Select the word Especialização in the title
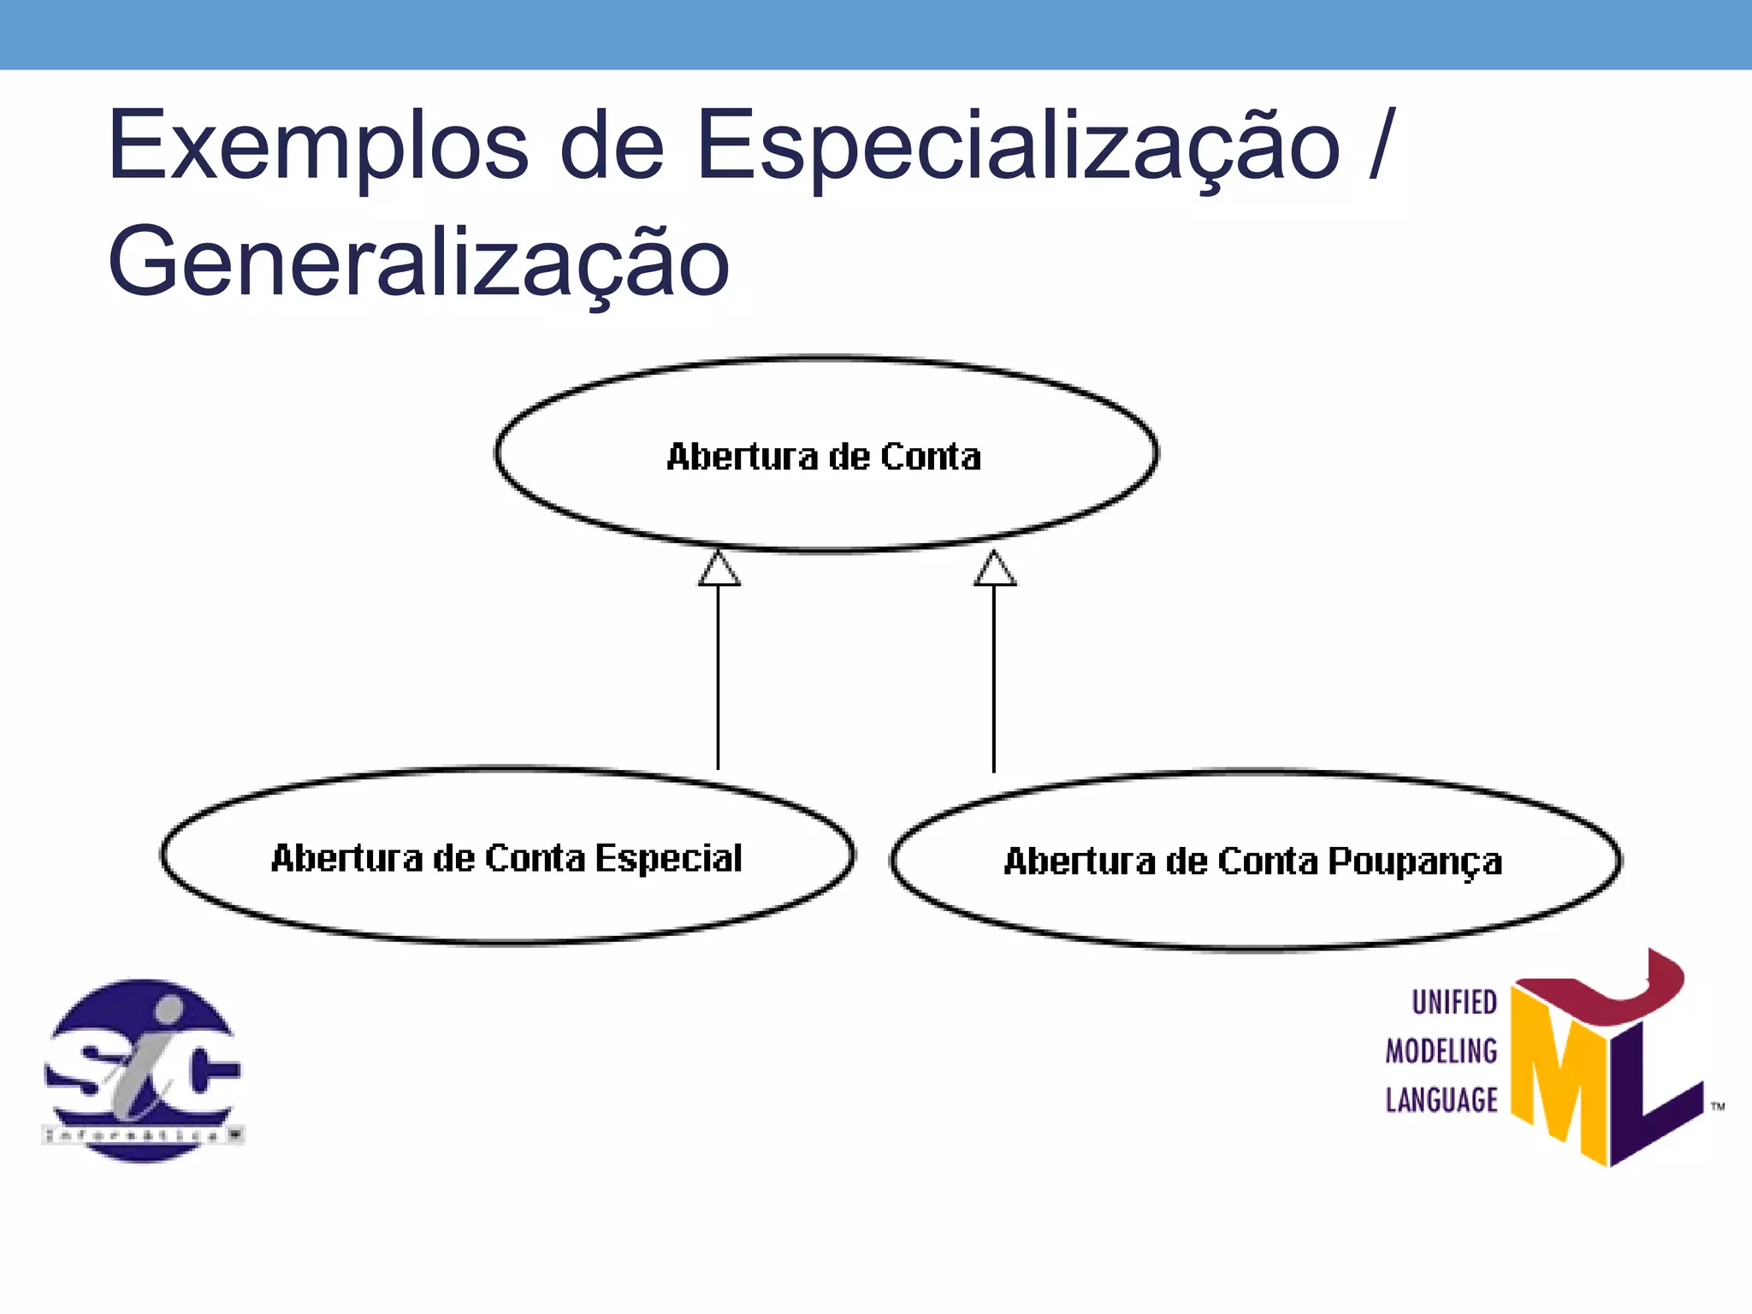pos(1018,146)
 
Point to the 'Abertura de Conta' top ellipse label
pos(824,457)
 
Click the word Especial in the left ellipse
pos(668,859)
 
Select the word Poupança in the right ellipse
pos(1415,862)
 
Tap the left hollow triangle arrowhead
pos(719,570)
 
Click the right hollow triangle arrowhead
pos(994,570)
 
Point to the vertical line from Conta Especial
pos(718,676)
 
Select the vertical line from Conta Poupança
pos(993,676)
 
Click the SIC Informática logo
pos(143,1070)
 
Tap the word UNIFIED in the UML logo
pos(1454,1002)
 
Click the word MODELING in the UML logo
pos(1441,1051)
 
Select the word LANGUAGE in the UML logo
pos(1441,1100)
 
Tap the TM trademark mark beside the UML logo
pos(1718,1107)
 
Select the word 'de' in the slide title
pos(611,146)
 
